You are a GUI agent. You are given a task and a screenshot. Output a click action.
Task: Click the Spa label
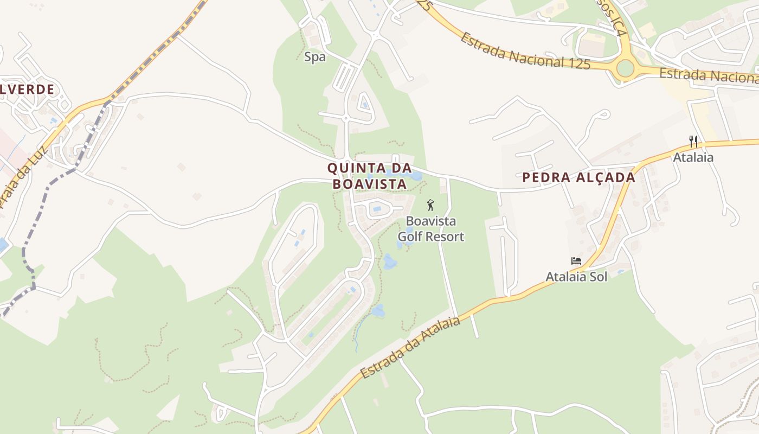[x=315, y=56]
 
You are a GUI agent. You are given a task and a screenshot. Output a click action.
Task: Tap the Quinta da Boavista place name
[x=369, y=176]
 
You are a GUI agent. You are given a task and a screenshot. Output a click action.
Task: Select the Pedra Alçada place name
[x=578, y=177]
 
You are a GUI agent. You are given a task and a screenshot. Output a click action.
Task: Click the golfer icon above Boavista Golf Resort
[x=431, y=205]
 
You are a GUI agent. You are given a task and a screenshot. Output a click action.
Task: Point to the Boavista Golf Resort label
[x=431, y=229]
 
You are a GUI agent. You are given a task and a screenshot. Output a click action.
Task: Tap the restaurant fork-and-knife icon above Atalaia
[x=693, y=142]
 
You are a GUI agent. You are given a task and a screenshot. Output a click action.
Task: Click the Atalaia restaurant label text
[x=693, y=157]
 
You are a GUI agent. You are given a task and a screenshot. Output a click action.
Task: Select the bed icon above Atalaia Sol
[x=576, y=261]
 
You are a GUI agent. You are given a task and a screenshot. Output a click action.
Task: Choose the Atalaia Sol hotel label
[x=576, y=276]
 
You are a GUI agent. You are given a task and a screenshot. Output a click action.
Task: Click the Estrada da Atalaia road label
[x=410, y=348]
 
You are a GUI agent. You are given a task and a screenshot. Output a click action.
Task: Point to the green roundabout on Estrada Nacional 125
[x=625, y=68]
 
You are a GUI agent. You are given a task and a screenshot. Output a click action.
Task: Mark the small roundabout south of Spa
[x=345, y=117]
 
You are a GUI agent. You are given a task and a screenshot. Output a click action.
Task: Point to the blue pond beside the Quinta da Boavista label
[x=416, y=176]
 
